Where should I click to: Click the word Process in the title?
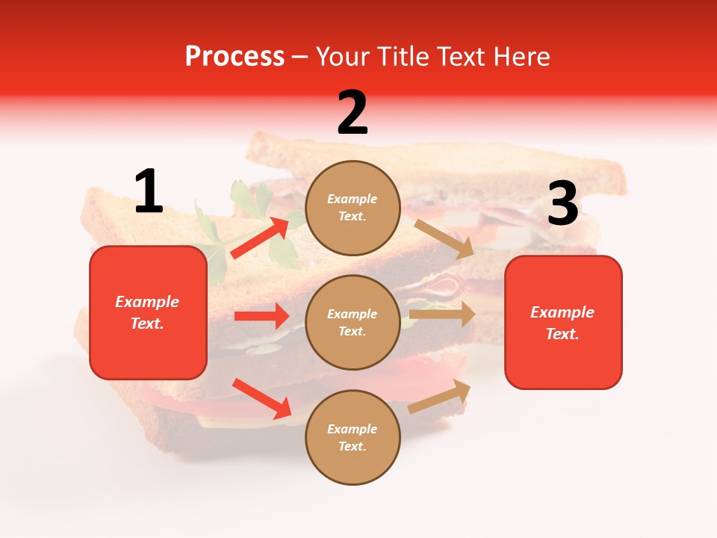click(235, 56)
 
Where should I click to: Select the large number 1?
click(149, 191)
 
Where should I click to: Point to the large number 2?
click(353, 113)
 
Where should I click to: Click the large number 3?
click(562, 204)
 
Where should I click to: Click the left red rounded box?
click(148, 312)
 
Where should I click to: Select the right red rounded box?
click(562, 323)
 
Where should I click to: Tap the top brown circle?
click(353, 208)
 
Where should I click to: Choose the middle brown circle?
click(353, 323)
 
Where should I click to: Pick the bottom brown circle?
click(353, 438)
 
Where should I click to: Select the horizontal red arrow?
click(261, 316)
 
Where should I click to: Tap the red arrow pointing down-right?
click(262, 398)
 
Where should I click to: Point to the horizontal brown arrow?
click(442, 315)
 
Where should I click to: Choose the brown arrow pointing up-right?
click(440, 396)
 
